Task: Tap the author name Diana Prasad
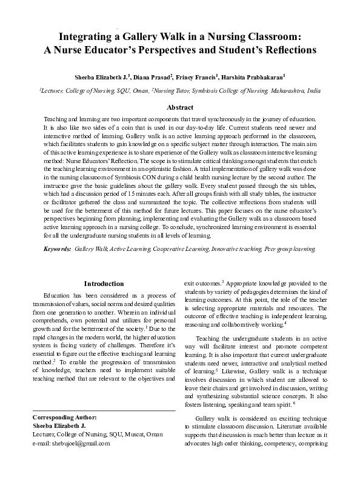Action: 152,78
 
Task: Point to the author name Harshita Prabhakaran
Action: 253,78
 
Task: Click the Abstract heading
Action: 180,107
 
